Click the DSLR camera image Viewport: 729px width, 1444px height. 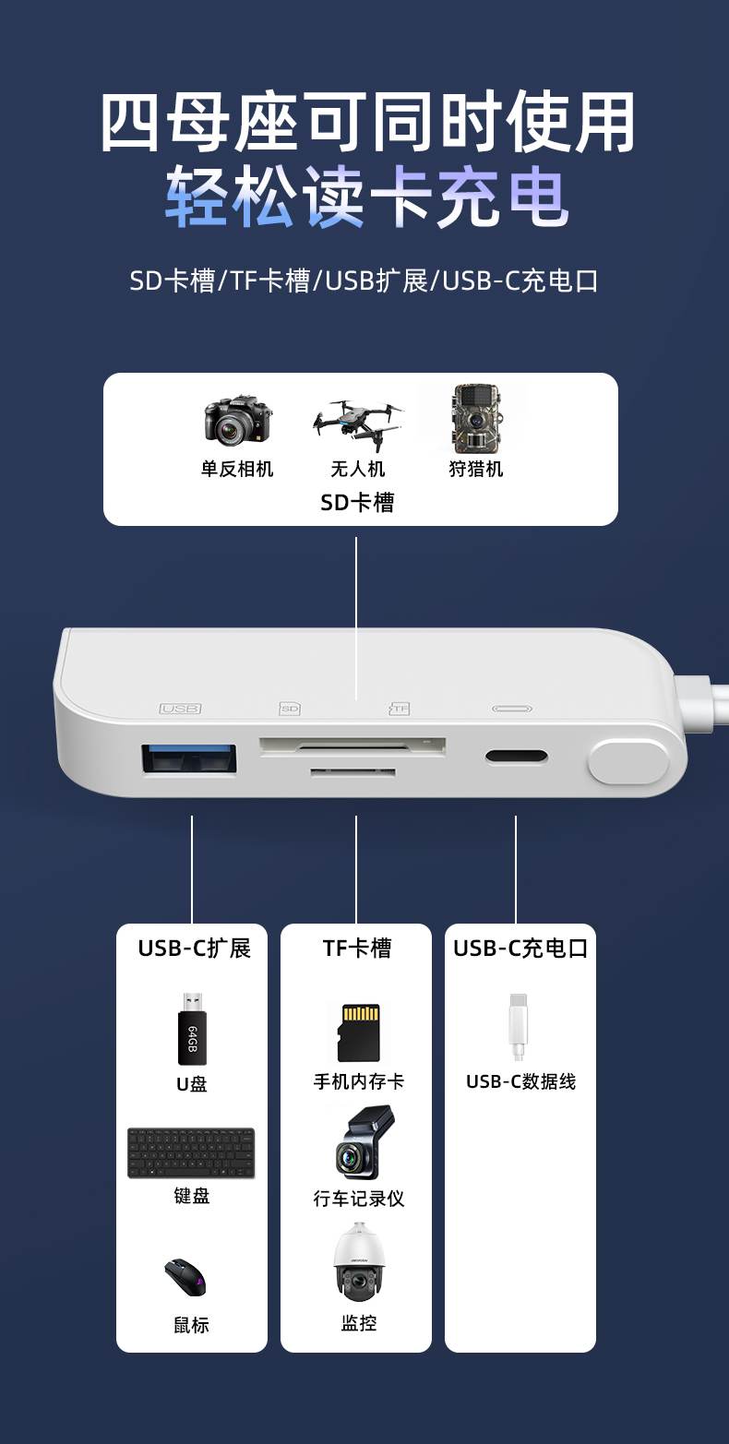pos(238,420)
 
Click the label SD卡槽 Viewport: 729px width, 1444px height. pos(357,502)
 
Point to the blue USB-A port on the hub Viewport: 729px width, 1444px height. pos(189,758)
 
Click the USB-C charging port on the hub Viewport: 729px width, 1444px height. pos(517,757)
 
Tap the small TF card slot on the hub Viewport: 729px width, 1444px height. pos(353,771)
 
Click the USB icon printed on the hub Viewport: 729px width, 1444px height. pos(180,709)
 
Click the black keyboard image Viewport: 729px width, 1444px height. pos(191,1152)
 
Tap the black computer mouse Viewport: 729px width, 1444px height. pos(185,1278)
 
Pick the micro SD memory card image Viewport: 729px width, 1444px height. pos(358,1032)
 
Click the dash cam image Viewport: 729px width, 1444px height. pos(362,1144)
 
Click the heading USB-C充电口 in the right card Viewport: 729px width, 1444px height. pos(520,949)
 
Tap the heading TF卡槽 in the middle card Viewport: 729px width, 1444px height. pos(357,949)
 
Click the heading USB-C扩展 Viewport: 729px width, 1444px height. pos(194,949)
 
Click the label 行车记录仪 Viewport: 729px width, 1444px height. pos(359,1199)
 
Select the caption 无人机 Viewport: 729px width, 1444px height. pos(358,469)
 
